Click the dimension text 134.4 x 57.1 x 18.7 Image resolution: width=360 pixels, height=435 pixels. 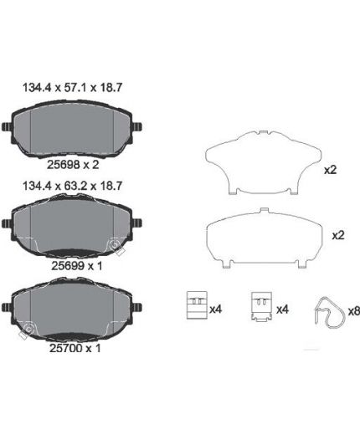(72, 88)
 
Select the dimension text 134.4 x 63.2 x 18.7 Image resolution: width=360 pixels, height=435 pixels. (72, 186)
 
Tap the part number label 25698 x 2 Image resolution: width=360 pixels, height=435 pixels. (73, 165)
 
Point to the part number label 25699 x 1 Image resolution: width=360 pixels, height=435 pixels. (77, 266)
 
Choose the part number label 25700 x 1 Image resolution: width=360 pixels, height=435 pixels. (75, 348)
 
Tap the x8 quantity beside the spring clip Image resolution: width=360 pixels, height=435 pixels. (354, 311)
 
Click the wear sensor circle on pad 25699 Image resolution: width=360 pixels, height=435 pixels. (115, 244)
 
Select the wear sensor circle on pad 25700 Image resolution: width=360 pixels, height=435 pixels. (29, 330)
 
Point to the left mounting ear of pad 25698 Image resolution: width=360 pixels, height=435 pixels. (7, 127)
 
